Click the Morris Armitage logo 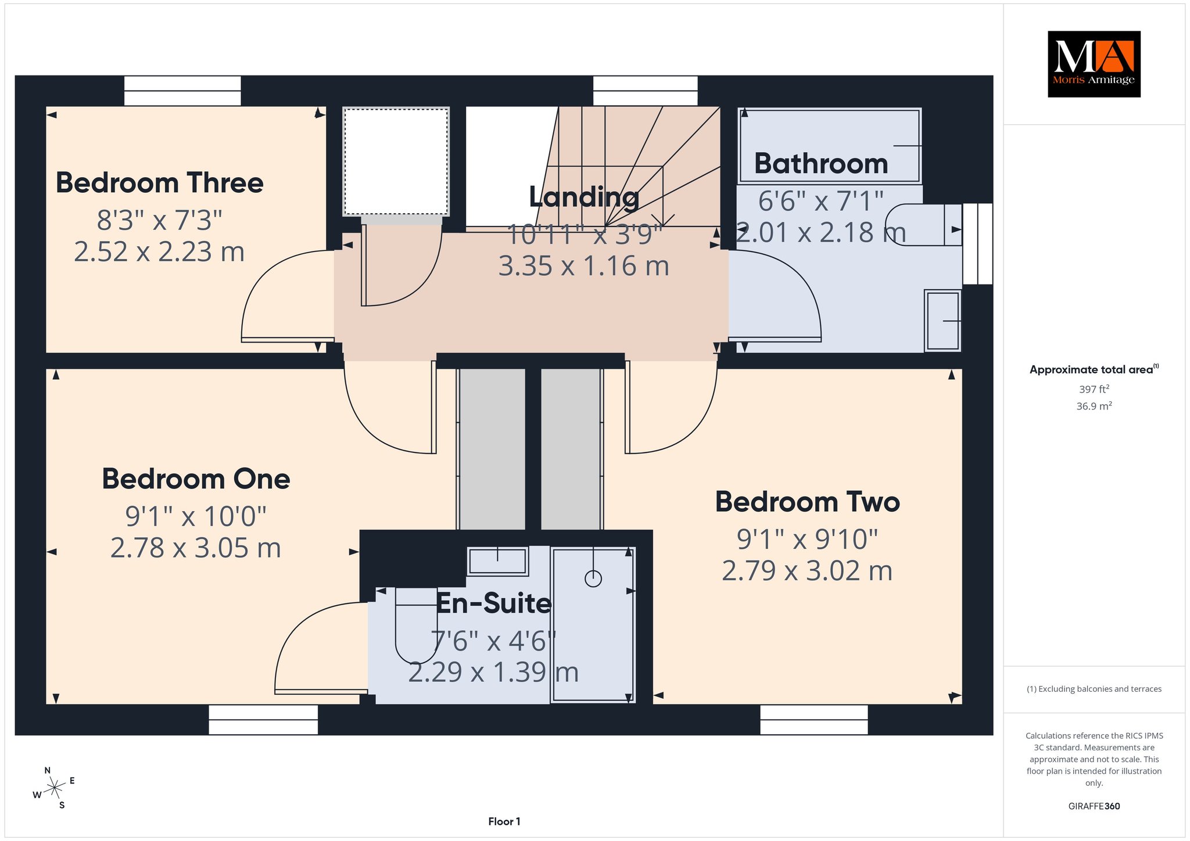[x=1094, y=64]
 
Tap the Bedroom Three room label [x=160, y=183]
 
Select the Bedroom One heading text [x=196, y=479]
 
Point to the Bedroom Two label [x=807, y=502]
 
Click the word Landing [x=584, y=197]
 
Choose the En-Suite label [x=493, y=603]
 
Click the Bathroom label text [x=821, y=164]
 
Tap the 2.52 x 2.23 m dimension [x=159, y=252]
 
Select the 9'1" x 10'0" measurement [x=196, y=516]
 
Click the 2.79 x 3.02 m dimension [x=807, y=571]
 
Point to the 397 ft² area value [x=1094, y=389]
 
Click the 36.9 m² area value [x=1094, y=406]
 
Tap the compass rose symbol [x=54, y=788]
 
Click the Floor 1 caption [x=504, y=821]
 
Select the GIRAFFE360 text [x=1094, y=806]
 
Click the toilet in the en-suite [x=416, y=625]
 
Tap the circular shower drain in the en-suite [x=593, y=578]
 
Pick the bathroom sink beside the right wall [x=942, y=321]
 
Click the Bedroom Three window [x=182, y=91]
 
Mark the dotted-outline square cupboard [x=396, y=161]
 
